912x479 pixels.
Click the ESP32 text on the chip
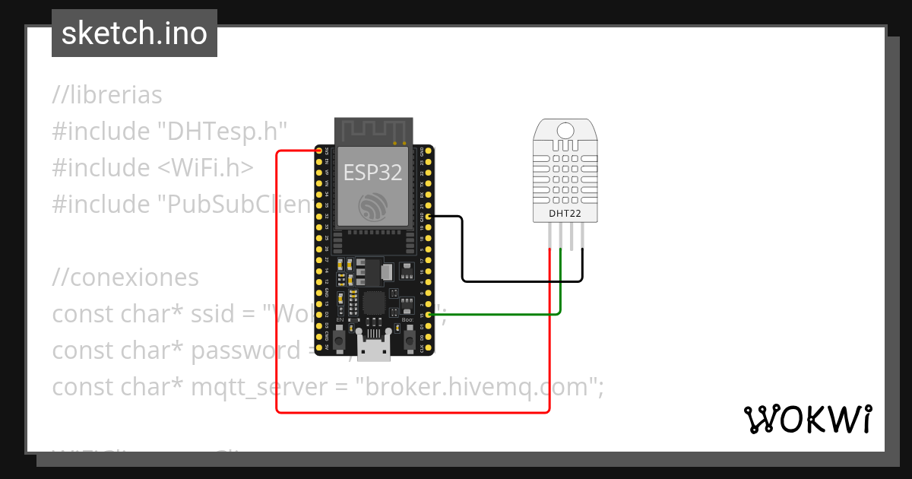click(x=372, y=172)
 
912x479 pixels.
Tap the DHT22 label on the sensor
click(x=565, y=214)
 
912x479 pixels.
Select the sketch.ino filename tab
click(x=135, y=33)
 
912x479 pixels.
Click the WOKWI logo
click(x=807, y=419)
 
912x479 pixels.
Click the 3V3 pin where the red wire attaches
click(x=320, y=151)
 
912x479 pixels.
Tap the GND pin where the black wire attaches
click(x=429, y=217)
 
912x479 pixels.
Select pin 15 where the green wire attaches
click(x=429, y=314)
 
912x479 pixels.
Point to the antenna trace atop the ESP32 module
click(x=372, y=131)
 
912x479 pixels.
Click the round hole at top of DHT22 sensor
click(x=565, y=130)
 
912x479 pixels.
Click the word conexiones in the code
click(x=134, y=278)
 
